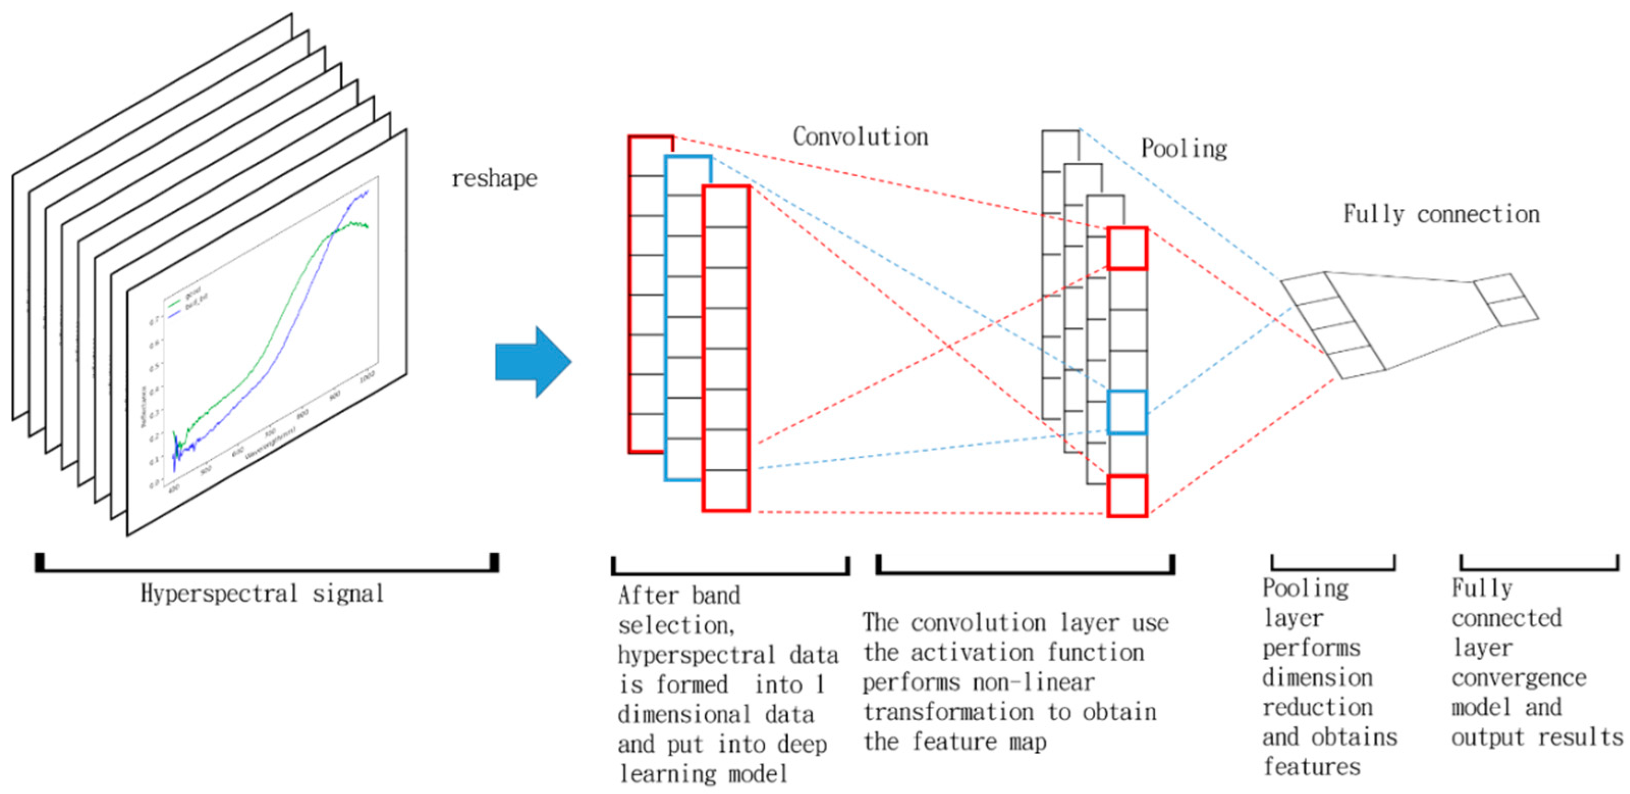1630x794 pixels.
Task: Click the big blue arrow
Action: [532, 362]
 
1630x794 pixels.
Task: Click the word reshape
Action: [494, 179]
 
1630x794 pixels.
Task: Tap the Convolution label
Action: [861, 136]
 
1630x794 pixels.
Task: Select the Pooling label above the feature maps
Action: [1184, 149]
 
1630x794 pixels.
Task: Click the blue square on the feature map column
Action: [1127, 412]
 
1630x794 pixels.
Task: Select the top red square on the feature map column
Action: [1127, 249]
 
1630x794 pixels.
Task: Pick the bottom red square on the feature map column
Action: [1127, 496]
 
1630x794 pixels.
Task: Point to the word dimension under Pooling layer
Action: [1317, 677]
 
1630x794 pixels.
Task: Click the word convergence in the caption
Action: [1518, 677]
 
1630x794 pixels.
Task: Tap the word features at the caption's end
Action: [1312, 767]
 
